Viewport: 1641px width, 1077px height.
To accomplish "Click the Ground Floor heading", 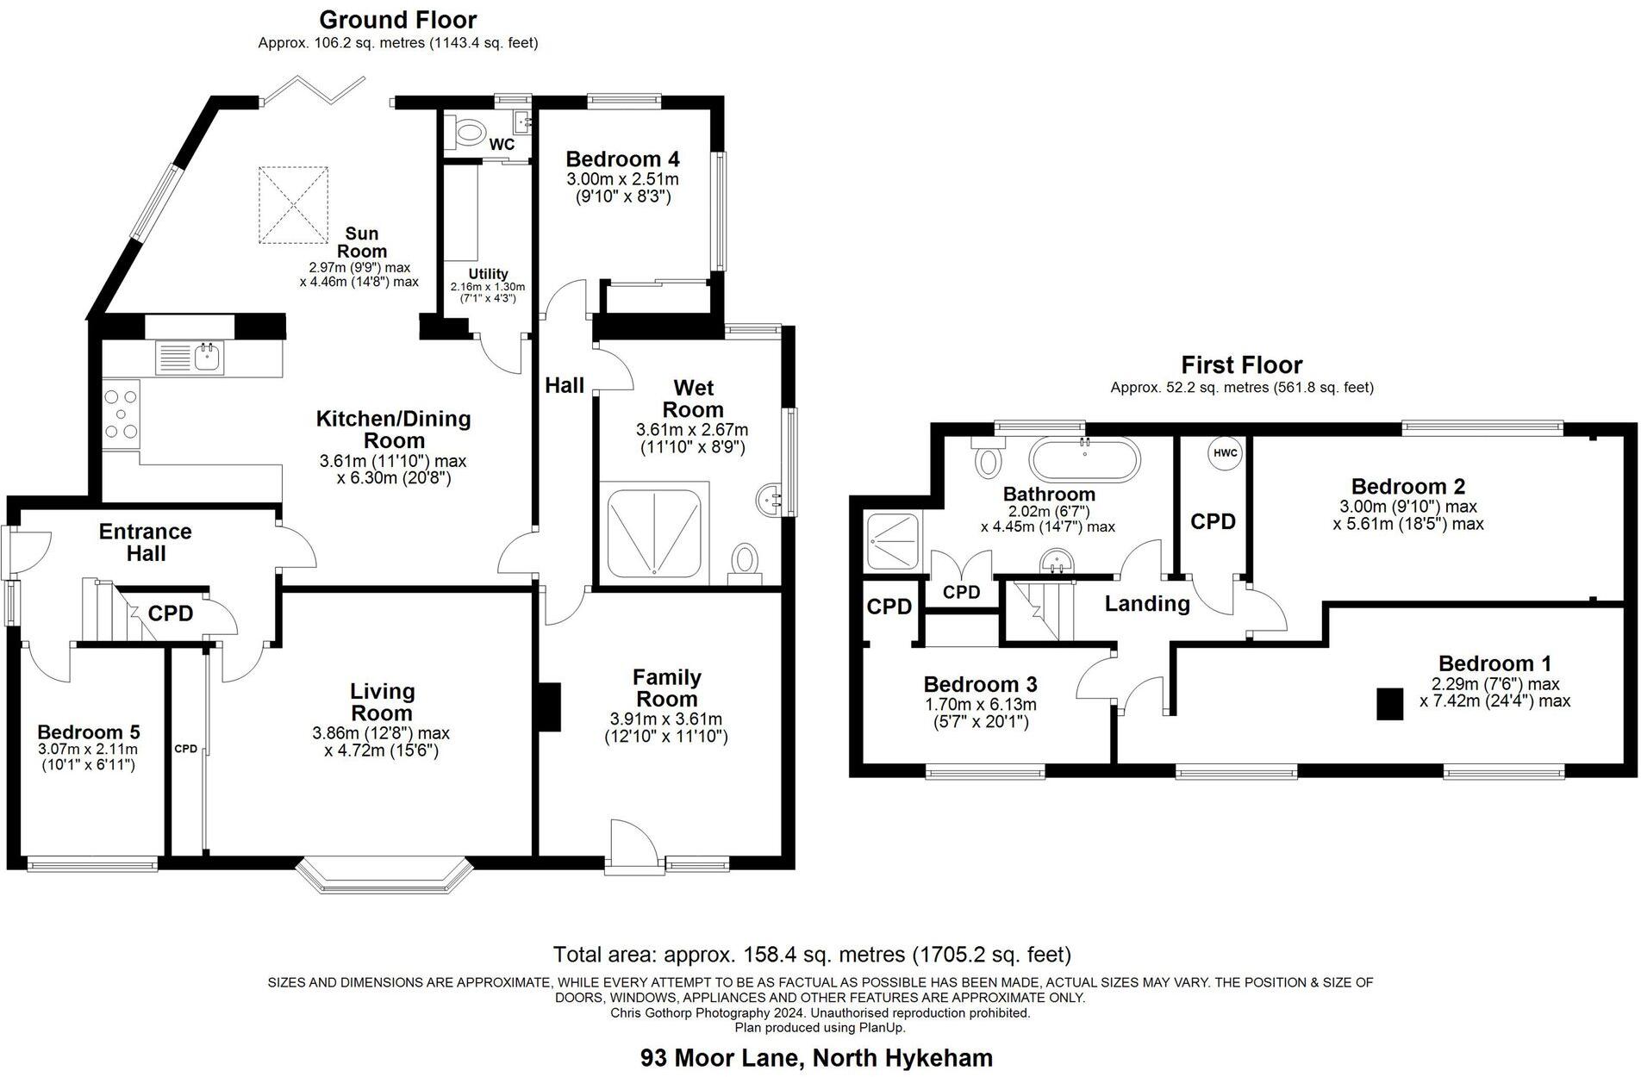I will coord(397,19).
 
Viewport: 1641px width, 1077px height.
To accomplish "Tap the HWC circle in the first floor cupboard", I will coord(1225,453).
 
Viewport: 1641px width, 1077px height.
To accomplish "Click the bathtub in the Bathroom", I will coord(1085,460).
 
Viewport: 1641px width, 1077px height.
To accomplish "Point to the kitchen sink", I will coord(207,355).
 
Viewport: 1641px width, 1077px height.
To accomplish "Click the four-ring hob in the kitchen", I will coord(121,414).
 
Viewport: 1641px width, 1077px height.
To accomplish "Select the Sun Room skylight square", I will coord(294,205).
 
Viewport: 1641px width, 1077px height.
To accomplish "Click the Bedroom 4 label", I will coord(622,159).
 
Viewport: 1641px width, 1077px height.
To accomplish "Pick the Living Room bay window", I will coord(384,872).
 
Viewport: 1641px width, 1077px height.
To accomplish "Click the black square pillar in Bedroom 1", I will coord(1389,703).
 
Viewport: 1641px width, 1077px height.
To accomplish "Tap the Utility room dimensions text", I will coord(487,292).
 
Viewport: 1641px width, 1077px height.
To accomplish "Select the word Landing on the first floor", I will coord(1147,603).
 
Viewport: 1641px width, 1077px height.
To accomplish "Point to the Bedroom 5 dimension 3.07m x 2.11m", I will coord(88,750).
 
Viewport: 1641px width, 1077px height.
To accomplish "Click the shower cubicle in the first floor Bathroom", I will coord(894,541).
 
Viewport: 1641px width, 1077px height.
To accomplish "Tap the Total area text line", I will coord(812,955).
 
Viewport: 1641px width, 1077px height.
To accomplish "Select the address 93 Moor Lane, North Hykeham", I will coord(816,1057).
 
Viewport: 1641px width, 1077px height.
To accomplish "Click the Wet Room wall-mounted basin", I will coord(770,498).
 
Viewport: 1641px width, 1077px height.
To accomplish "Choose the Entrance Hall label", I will coord(145,542).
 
